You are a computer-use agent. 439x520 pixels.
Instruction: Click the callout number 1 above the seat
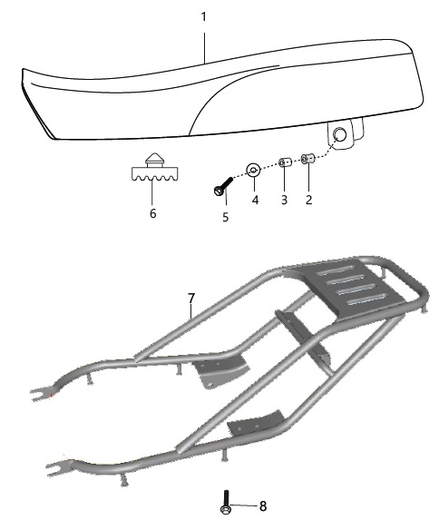click(x=204, y=17)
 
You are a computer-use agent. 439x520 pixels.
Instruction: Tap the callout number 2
click(x=308, y=200)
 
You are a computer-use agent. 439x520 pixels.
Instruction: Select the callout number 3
click(x=284, y=200)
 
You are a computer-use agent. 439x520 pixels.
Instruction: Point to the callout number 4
click(x=255, y=200)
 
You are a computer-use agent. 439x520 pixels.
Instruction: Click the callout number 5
click(x=226, y=217)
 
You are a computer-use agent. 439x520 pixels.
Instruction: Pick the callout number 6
click(x=153, y=213)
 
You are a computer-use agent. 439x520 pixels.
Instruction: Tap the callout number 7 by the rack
click(x=191, y=299)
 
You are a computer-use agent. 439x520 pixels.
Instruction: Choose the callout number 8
click(x=263, y=506)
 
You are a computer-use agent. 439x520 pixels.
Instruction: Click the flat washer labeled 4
click(x=253, y=171)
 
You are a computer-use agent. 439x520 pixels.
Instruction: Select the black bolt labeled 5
click(x=223, y=186)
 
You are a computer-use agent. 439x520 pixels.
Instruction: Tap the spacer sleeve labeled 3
click(x=285, y=162)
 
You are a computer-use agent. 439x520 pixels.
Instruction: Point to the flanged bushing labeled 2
click(x=307, y=158)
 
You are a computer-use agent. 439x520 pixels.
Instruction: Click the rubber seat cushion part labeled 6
click(x=155, y=168)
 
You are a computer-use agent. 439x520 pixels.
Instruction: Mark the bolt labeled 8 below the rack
click(x=226, y=502)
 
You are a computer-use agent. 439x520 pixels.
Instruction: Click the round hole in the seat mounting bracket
click(x=339, y=134)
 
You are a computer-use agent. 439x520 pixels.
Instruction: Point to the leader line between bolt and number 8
click(x=244, y=505)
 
